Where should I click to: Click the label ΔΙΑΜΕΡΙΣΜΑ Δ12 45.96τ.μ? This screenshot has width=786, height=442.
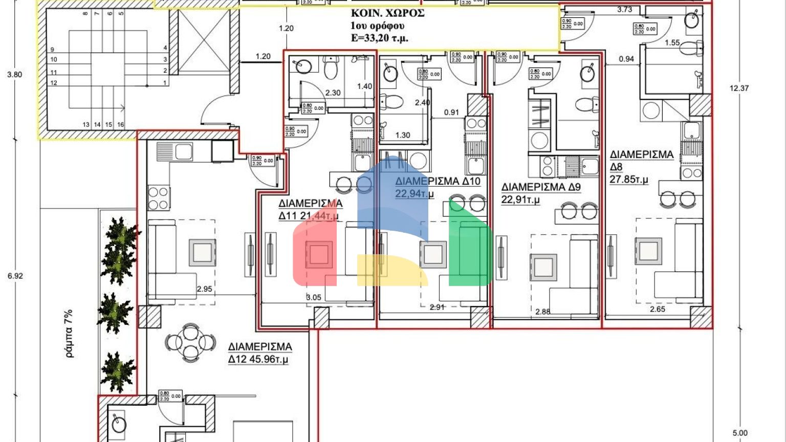click(260, 353)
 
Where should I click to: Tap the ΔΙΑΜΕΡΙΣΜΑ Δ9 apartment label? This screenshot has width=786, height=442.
click(541, 193)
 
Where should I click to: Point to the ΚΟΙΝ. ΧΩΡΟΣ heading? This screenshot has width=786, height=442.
click(387, 13)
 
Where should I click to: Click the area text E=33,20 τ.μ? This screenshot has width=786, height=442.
click(379, 38)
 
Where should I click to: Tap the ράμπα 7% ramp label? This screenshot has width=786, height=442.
click(69, 333)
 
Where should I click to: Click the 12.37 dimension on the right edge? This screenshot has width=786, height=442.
click(739, 88)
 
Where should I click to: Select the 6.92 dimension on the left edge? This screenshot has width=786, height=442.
click(15, 276)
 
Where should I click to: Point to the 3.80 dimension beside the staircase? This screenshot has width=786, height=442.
click(15, 74)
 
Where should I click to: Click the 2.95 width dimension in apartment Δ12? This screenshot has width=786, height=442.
click(204, 289)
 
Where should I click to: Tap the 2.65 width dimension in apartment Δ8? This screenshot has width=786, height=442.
click(658, 309)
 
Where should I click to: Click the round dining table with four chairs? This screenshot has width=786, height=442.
click(190, 342)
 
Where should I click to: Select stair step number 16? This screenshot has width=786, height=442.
click(120, 124)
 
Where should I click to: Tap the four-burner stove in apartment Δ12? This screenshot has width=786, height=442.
click(158, 198)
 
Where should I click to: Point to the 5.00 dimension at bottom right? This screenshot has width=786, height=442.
click(740, 433)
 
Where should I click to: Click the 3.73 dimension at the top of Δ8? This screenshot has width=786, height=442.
click(625, 9)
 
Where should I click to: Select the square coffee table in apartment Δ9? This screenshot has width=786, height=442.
click(543, 267)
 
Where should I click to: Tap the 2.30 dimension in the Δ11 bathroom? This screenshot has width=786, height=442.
click(333, 93)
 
